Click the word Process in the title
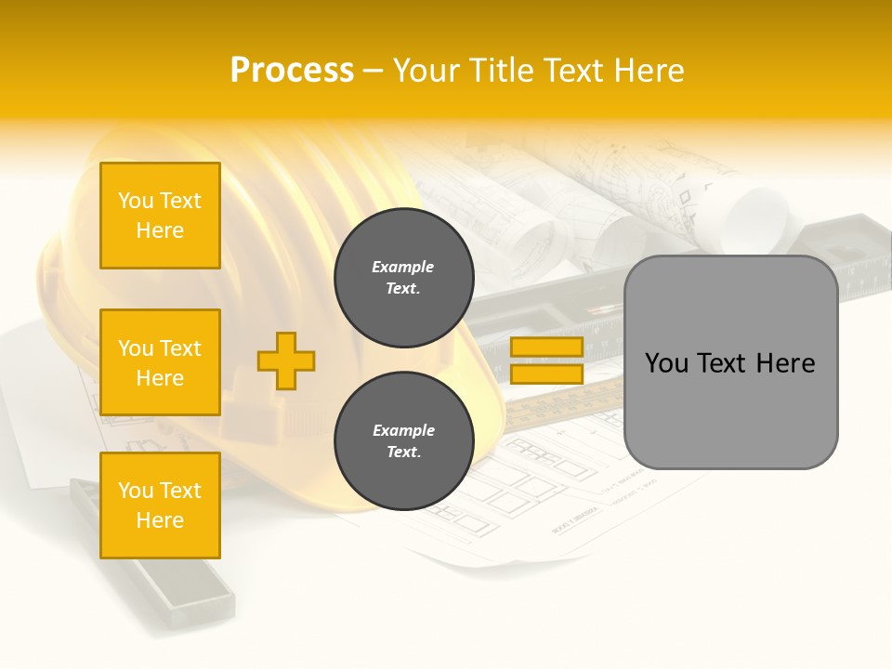point(292,71)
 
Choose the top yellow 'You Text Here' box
point(160,216)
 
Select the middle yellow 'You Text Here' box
point(160,362)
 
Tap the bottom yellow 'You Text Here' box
point(160,505)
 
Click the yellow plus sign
point(286,361)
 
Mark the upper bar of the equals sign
point(546,347)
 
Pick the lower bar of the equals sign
point(546,374)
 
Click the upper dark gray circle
point(403,278)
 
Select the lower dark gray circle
point(403,441)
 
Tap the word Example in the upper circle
point(403,267)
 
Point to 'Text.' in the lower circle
point(403,453)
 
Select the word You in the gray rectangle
point(667,363)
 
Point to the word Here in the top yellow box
point(160,230)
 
